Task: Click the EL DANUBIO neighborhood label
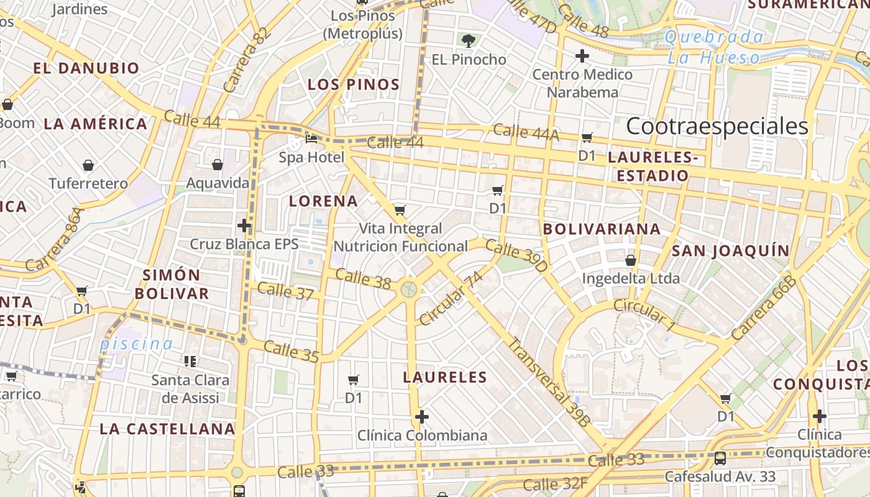tap(86, 68)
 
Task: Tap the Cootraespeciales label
tap(717, 126)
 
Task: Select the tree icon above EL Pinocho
tap(469, 41)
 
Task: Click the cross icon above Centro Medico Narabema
tap(582, 56)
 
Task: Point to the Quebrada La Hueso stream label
tap(714, 47)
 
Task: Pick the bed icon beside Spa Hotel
tap(311, 139)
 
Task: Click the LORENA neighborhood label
tap(324, 201)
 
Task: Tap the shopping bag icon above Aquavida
tap(217, 165)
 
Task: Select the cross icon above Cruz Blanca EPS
tap(244, 225)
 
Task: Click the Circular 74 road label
tap(451, 299)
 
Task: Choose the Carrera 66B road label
tap(764, 309)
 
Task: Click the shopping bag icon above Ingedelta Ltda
tap(631, 260)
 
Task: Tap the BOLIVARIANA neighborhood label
tap(602, 229)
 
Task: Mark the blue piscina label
tap(137, 344)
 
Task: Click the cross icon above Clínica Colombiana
tap(422, 416)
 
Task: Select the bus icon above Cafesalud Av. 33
tap(720, 458)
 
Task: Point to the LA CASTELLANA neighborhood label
tap(168, 429)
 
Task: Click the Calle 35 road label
tap(291, 351)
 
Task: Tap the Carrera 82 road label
tap(247, 61)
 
